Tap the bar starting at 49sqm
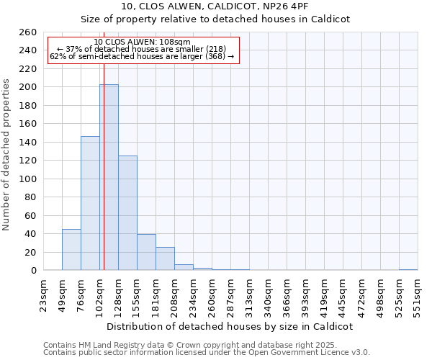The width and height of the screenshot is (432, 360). pyautogui.click(x=71, y=249)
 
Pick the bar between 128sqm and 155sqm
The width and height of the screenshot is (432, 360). pyautogui.click(x=127, y=212)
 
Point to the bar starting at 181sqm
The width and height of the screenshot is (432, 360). pyautogui.click(x=165, y=258)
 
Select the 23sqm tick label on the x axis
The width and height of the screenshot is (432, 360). pyautogui.click(x=44, y=294)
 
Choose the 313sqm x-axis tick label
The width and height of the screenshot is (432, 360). pyautogui.click(x=249, y=294)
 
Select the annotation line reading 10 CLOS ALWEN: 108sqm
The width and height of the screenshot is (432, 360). pyautogui.click(x=142, y=42)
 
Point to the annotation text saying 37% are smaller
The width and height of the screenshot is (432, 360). pyautogui.click(x=141, y=49)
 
